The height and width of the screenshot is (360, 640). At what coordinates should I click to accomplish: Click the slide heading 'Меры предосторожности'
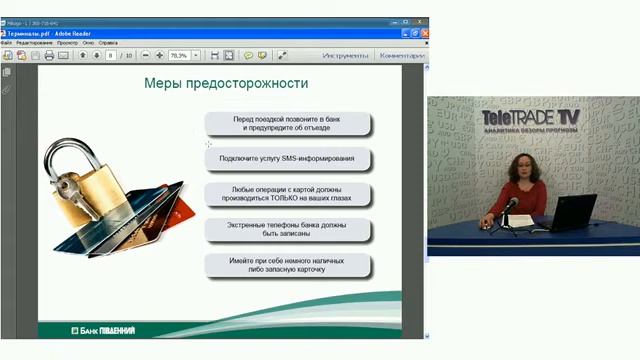tap(227, 83)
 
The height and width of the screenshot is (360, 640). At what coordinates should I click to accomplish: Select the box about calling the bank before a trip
tap(288, 124)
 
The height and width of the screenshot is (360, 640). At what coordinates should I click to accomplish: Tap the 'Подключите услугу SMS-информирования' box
tap(288, 159)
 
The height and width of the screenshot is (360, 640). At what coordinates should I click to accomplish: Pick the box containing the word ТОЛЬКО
tap(288, 194)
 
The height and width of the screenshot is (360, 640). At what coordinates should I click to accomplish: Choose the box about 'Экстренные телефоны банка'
tap(288, 230)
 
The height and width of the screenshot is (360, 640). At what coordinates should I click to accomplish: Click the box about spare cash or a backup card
tap(288, 266)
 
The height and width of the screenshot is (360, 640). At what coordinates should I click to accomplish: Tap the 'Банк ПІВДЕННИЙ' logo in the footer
tap(103, 330)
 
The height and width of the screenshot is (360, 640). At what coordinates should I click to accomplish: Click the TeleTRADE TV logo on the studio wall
tap(530, 118)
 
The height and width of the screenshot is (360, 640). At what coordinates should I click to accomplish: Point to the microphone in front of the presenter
tap(511, 204)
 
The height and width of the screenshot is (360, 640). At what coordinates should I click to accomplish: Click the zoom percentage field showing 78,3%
tap(180, 56)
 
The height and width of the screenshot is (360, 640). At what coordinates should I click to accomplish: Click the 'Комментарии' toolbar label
tap(401, 56)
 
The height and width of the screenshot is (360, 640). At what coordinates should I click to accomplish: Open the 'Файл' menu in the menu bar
tap(7, 43)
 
